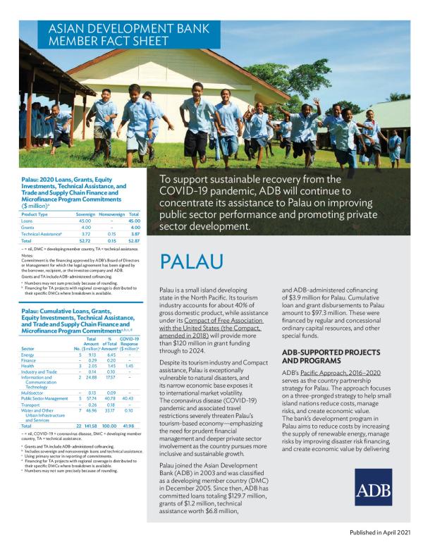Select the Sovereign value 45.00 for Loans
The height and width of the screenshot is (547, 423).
tap(85, 221)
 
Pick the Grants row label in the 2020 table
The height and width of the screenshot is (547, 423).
tap(28, 228)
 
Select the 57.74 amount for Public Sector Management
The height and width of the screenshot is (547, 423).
tap(90, 398)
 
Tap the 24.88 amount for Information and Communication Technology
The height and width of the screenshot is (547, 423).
tap(90, 378)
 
